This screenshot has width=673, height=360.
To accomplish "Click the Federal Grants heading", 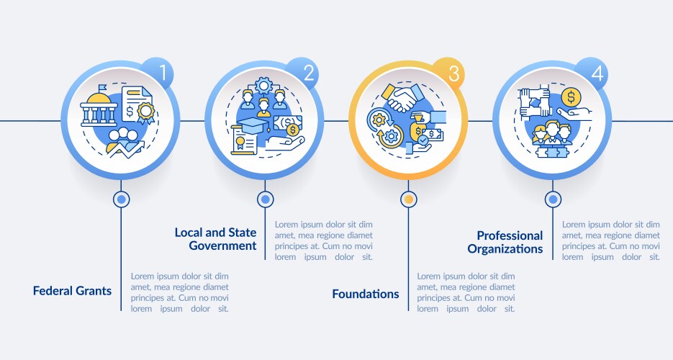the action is click(x=72, y=291).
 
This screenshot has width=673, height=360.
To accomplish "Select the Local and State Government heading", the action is click(x=215, y=239).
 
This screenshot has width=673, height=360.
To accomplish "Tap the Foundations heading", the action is click(x=365, y=294).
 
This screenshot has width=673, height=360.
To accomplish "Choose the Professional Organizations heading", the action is click(x=505, y=242).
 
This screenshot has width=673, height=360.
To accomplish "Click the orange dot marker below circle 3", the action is click(x=409, y=199).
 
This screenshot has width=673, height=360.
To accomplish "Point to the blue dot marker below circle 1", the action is click(x=121, y=199).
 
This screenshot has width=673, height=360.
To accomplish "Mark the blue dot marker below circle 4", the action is click(x=553, y=199).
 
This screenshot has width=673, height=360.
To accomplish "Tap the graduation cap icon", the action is click(x=253, y=125).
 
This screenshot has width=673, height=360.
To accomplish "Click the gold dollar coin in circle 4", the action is click(x=571, y=97).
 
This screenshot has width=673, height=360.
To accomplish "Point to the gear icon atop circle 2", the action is click(x=263, y=86).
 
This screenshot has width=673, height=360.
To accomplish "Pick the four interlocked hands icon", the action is click(x=534, y=102).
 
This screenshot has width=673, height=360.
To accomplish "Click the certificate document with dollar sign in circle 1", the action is click(x=137, y=104).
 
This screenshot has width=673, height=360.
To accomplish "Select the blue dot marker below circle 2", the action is click(x=266, y=199).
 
